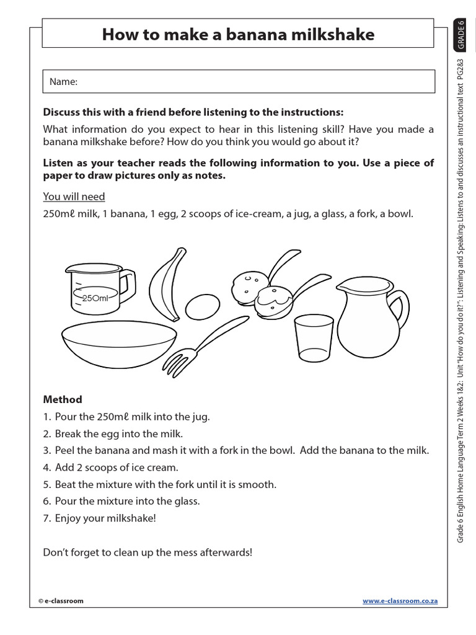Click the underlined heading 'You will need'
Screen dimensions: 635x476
(74, 197)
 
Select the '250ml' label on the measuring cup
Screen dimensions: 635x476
(95, 298)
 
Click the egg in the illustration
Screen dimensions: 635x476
(202, 306)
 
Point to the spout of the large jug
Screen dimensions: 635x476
(342, 286)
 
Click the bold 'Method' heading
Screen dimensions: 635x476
(63, 400)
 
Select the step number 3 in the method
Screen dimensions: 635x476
(46, 451)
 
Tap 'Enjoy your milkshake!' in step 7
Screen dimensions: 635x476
(105, 518)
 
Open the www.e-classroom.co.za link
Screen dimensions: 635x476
(400, 601)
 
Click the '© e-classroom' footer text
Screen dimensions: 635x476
(61, 601)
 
